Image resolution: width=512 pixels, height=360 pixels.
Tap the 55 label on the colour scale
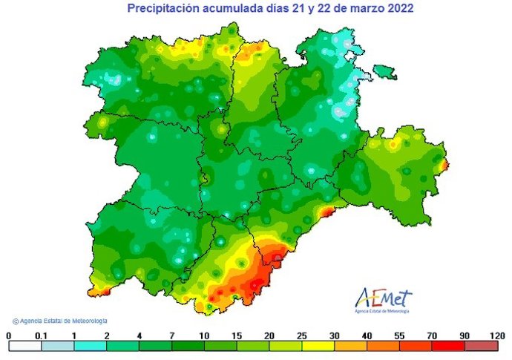(x=400, y=336)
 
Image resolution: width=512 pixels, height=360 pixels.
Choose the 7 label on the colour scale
(x=171, y=336)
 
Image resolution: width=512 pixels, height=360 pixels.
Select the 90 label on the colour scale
(x=465, y=336)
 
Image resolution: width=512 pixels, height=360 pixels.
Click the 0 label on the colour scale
(x=9, y=336)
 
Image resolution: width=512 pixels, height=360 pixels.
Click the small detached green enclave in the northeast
(x=384, y=71)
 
